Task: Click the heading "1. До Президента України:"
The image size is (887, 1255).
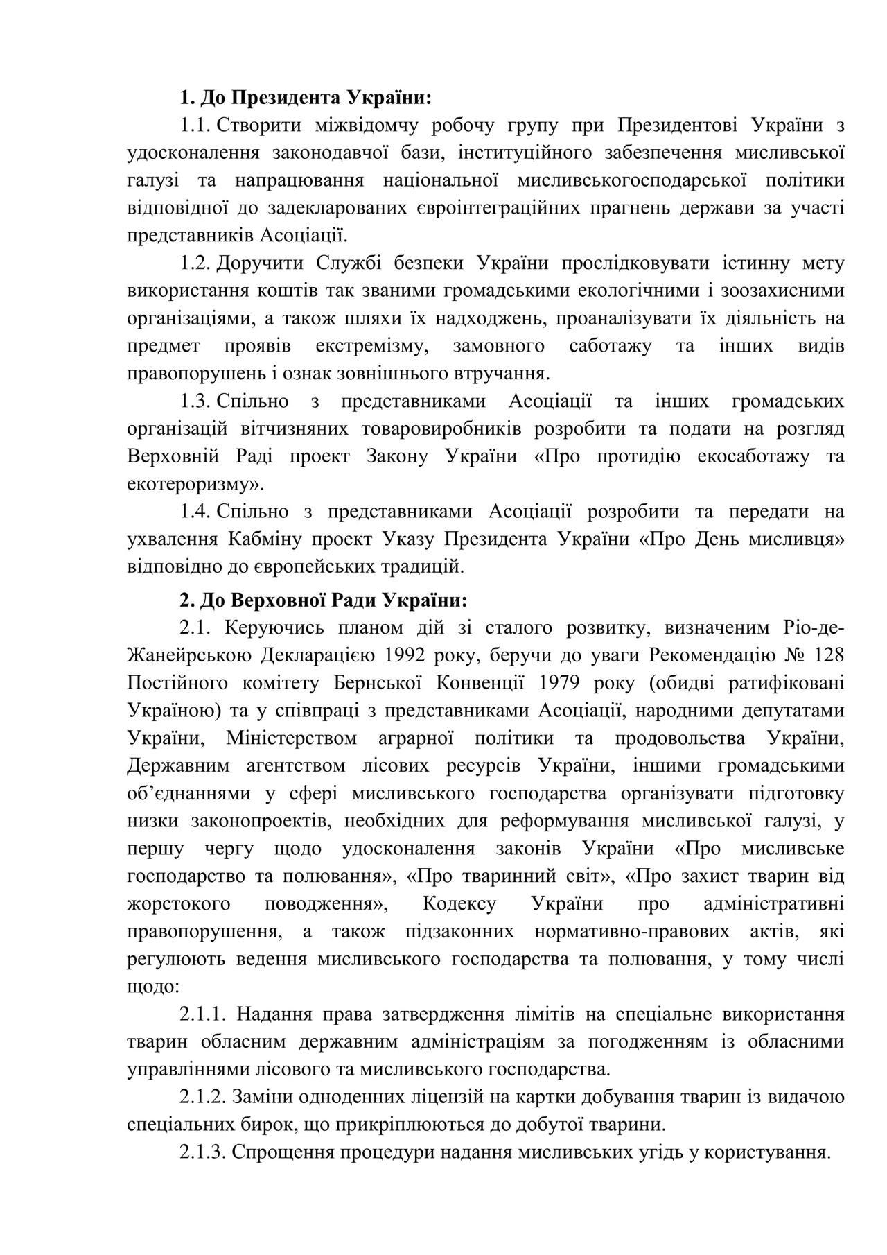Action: pos(306,98)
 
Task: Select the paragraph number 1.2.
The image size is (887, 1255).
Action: pos(195,264)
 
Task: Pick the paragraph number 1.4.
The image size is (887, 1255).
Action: pos(195,512)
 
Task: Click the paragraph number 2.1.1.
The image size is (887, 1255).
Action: pos(203,1014)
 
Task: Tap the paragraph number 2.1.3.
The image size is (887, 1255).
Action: pos(203,1152)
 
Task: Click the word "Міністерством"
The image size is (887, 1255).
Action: pos(292,738)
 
